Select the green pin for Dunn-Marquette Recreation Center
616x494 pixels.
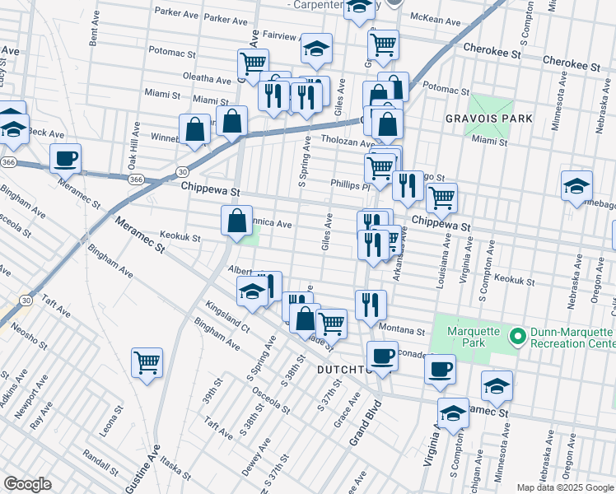click(x=517, y=336)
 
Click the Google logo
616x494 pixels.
click(x=27, y=484)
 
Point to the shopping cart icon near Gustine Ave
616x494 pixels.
click(x=147, y=361)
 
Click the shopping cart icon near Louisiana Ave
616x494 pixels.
click(x=442, y=197)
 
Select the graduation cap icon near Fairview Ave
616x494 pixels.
click(x=316, y=48)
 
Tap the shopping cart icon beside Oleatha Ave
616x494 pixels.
click(x=253, y=62)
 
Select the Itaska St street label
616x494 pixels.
click(x=175, y=468)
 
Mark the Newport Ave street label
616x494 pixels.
click(x=39, y=397)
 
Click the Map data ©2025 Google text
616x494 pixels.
click(x=564, y=487)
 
